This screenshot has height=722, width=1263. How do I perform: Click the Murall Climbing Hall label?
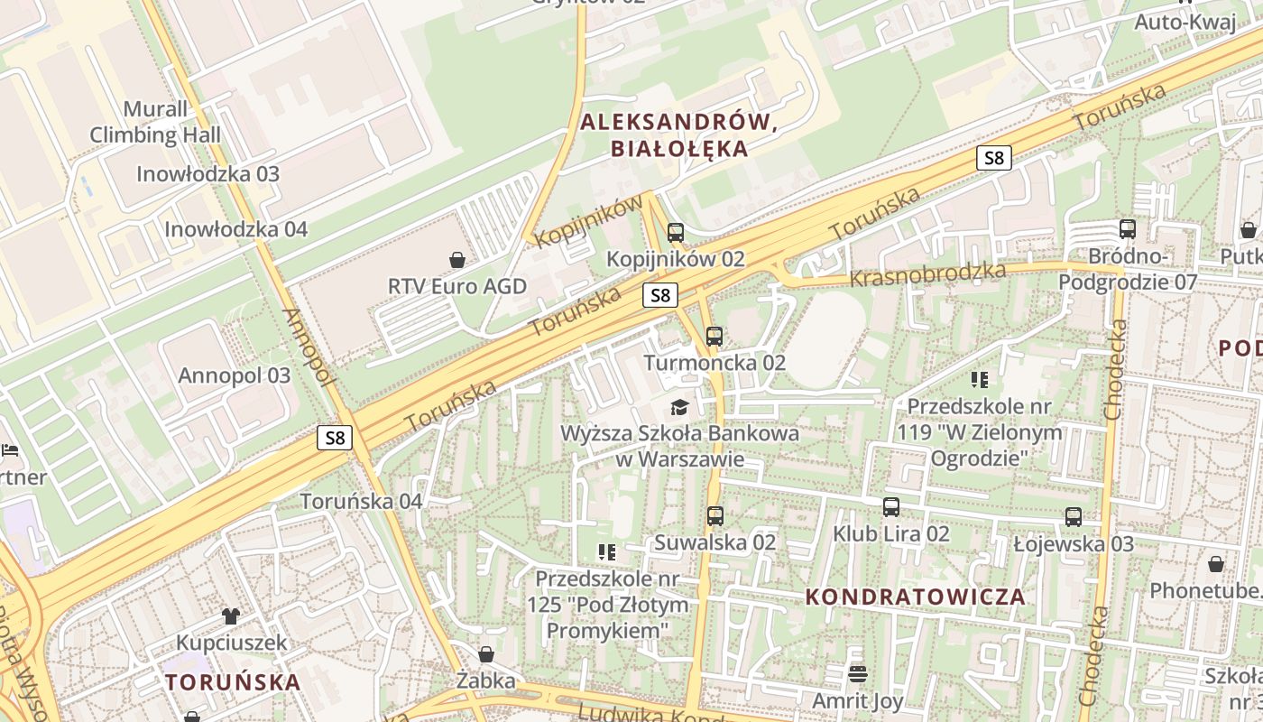[x=155, y=122]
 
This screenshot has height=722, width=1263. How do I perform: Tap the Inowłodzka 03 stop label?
[x=207, y=173]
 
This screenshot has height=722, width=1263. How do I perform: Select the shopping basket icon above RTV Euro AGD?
[x=458, y=260]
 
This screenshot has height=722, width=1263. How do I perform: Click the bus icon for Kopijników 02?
[x=676, y=233]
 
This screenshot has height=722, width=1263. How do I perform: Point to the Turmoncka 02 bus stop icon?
[x=714, y=337]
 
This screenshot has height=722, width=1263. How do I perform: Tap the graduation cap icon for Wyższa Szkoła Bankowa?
[x=679, y=407]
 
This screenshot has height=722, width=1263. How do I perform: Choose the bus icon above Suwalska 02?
[x=714, y=516]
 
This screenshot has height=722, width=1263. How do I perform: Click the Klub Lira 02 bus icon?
[x=891, y=507]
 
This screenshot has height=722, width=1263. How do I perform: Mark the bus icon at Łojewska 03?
[x=1073, y=517]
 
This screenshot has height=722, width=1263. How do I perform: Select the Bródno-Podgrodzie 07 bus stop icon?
[x=1128, y=229]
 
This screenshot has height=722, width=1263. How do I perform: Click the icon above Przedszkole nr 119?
[x=980, y=380]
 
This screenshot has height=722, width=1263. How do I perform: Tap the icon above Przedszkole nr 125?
[x=607, y=551]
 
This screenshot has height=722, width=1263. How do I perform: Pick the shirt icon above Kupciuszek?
[x=231, y=616]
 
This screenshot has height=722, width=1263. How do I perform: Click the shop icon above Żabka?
[x=486, y=654]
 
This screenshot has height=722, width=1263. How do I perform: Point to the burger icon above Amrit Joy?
[x=857, y=673]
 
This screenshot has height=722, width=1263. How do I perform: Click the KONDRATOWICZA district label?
[x=915, y=597]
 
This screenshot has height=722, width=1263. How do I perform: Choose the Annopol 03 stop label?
[x=235, y=375]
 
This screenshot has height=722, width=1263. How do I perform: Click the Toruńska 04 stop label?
[x=361, y=501]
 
